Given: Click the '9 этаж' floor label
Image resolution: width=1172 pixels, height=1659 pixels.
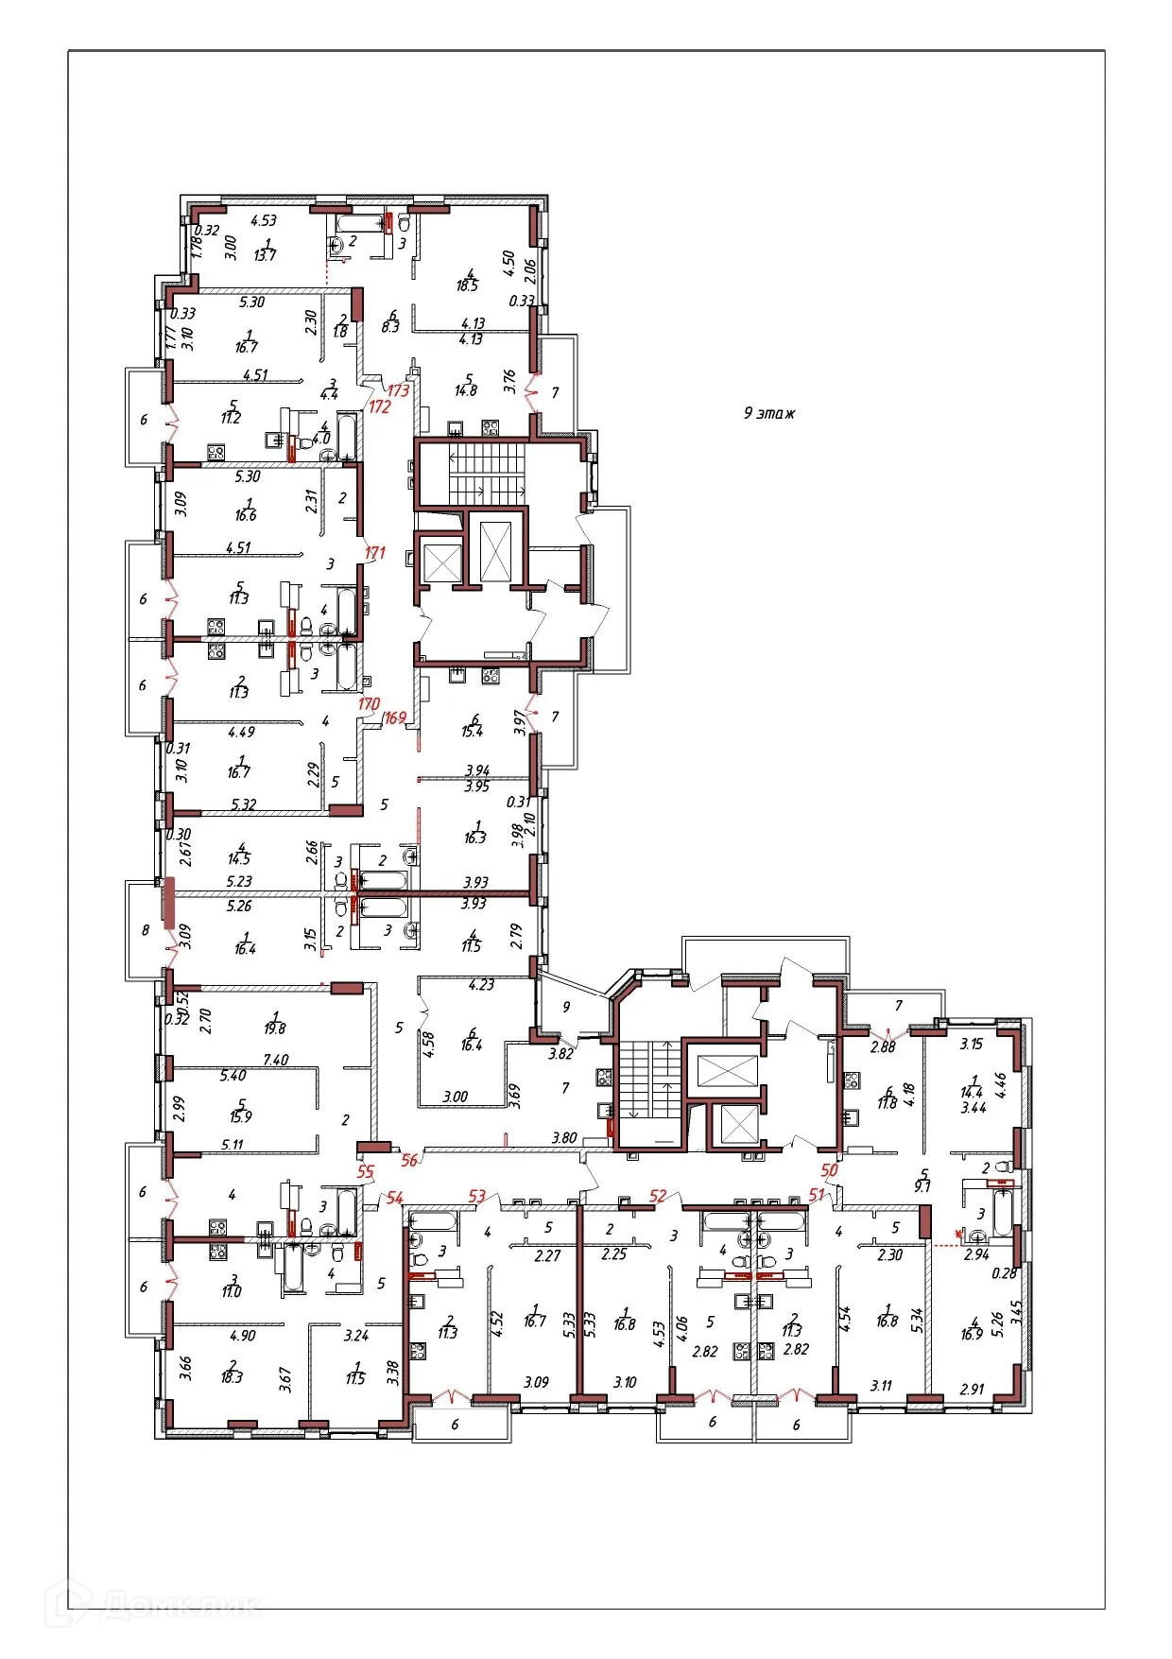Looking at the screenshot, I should pos(768,413).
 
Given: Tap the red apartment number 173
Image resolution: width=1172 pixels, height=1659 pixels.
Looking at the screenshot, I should pos(398,389).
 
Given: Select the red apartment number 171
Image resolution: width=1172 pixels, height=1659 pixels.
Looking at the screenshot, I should pos(375,552).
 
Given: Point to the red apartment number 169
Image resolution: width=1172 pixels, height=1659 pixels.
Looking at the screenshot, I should pos(394,717).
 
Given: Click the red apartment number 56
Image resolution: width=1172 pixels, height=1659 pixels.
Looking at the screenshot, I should pos(409,1160).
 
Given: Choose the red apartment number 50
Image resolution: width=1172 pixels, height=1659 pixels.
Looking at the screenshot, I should pos(829,1169).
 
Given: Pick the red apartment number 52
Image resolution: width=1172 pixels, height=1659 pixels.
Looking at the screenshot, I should pos(658,1196).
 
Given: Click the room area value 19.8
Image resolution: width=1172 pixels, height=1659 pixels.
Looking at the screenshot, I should pos(275,1028).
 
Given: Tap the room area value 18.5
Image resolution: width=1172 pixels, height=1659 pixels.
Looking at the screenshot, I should pos(468,285).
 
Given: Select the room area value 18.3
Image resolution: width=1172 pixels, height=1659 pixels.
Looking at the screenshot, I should pos(232,1377).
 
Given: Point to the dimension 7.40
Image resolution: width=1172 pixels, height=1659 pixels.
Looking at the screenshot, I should pos(275,1060).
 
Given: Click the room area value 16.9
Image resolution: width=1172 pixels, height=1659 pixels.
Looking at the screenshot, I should pos(972,1334).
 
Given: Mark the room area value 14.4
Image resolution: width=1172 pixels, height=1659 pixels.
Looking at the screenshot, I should pos(972,1091).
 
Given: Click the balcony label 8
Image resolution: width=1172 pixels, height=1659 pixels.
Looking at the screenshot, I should pos(146,930).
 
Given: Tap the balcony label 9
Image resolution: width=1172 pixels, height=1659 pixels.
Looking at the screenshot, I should pos(566,1007).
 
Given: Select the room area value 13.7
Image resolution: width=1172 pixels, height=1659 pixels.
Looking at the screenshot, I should pos(266,255).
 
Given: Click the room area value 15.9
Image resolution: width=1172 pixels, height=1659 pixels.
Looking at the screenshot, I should pos(241,1116).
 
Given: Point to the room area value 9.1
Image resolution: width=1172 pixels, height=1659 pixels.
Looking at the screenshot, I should pos(922,1186).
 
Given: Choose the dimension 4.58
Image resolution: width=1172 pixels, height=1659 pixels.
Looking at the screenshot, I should pos(428,1044).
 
